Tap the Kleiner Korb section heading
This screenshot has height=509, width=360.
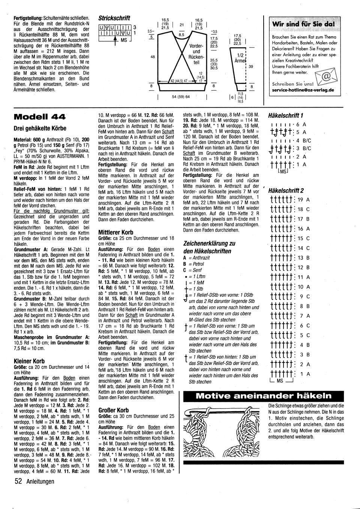[29, 361]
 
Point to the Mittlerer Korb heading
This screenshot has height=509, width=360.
[115, 232]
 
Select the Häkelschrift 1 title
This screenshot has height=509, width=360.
[286, 115]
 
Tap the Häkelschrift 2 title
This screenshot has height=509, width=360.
[286, 191]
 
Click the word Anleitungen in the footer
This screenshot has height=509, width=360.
[40, 482]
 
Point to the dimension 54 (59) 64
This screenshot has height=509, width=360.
[181, 97]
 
